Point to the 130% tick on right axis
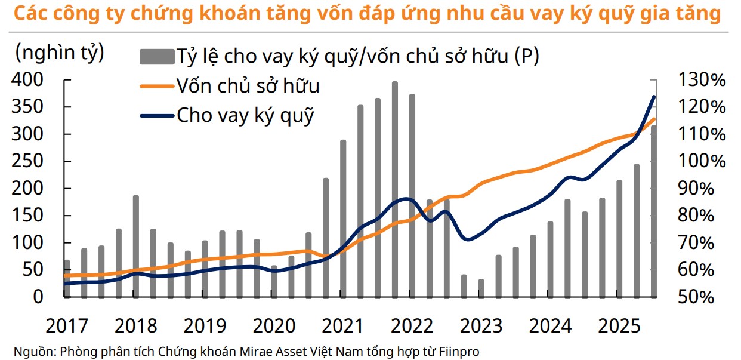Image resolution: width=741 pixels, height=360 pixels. point(702,80)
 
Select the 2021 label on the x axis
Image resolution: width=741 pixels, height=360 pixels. point(342,326)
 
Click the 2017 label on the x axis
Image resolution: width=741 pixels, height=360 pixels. point(66,326)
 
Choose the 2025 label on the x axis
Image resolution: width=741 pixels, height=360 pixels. point(619,326)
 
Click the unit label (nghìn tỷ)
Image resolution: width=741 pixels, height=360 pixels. point(60,53)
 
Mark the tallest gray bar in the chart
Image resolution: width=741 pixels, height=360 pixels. point(395,189)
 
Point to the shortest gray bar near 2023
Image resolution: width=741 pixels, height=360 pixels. point(481,288)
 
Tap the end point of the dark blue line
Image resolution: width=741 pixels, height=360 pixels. point(654,97)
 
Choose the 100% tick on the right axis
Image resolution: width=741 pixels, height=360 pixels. point(702,161)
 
